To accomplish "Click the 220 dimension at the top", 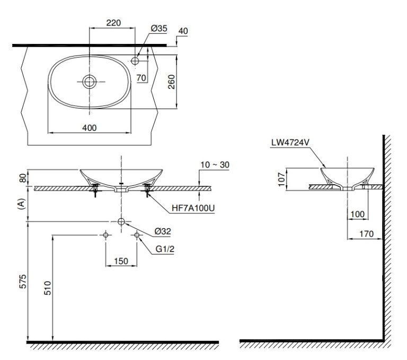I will click(113, 23).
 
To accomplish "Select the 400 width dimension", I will click(90, 127).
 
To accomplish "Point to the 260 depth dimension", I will click(172, 82).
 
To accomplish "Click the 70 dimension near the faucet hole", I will click(141, 77).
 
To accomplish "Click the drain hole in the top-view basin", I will click(90, 81).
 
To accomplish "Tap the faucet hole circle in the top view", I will click(135, 61).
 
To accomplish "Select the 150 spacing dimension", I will click(122, 261).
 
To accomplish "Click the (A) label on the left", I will click(22, 204).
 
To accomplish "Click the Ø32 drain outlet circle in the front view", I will click(122, 221).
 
